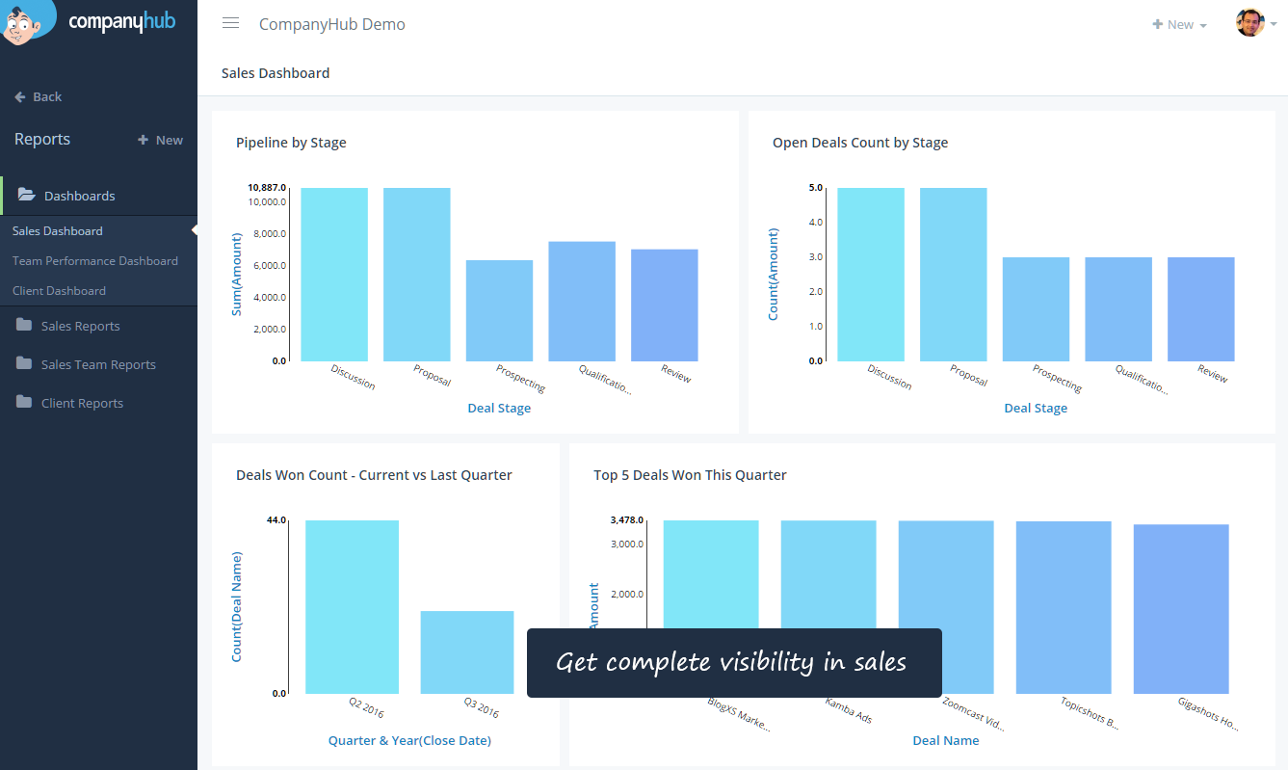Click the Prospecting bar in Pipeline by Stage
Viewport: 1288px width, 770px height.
click(x=499, y=310)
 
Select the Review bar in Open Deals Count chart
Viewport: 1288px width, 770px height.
click(x=1200, y=308)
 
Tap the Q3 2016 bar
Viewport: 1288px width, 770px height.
click(x=467, y=651)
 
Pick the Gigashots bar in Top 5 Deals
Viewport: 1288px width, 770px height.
click(x=1181, y=609)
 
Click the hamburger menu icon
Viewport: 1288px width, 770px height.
click(x=230, y=24)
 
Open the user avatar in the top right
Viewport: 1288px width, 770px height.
click(x=1249, y=23)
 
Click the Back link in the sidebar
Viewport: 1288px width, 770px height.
click(x=39, y=96)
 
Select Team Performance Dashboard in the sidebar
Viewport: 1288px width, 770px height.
click(x=95, y=261)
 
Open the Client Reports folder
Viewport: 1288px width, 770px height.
click(x=82, y=403)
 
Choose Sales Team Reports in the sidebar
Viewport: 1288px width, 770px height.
click(x=98, y=364)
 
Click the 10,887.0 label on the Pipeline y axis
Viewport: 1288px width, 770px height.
click(x=267, y=187)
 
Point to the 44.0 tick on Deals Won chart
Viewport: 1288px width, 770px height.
click(x=276, y=520)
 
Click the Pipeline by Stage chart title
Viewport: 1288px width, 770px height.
click(x=291, y=143)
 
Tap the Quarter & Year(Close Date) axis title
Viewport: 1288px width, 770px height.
click(x=409, y=740)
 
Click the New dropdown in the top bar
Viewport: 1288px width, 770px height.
click(x=1179, y=25)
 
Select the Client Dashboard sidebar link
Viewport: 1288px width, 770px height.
click(x=59, y=291)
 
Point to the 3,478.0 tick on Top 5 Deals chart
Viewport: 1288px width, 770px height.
click(x=626, y=520)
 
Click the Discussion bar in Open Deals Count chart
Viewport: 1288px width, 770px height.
click(x=871, y=275)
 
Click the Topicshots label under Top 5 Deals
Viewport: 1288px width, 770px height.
click(x=1090, y=712)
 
